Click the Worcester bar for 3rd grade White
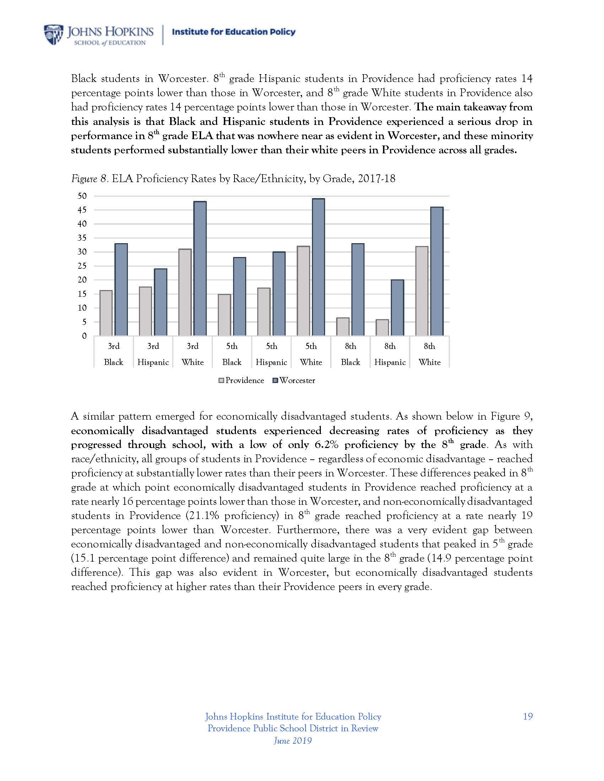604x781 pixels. tap(200, 269)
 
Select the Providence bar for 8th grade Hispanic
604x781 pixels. tap(382, 328)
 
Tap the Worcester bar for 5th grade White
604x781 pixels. tap(318, 267)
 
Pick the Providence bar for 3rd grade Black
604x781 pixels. tap(106, 313)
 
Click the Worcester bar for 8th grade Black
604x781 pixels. tap(358, 290)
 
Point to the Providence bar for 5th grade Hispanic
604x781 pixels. tap(264, 312)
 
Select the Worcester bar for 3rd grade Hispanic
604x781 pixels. tap(161, 302)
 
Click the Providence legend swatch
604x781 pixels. tap(221, 381)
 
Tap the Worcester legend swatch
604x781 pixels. tap(275, 381)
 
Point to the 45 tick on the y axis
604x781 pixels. tap(82, 210)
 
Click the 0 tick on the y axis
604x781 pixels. tap(85, 336)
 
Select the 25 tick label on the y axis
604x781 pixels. tap(82, 266)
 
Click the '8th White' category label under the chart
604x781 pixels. tap(430, 354)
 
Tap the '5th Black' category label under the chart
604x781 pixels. tap(232, 354)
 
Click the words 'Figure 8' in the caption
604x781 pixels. tap(89, 179)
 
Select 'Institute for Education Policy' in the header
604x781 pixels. tap(234, 32)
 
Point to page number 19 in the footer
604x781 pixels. tap(528, 716)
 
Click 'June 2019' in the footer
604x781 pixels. tap(293, 741)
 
